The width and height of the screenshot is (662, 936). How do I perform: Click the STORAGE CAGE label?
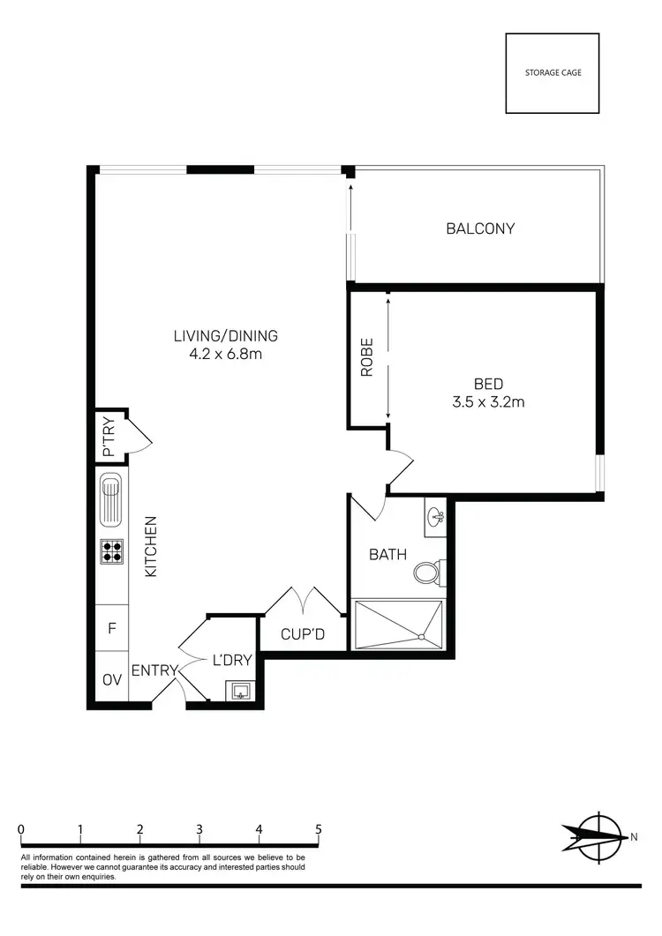(x=552, y=73)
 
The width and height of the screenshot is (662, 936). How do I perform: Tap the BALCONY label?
(x=480, y=228)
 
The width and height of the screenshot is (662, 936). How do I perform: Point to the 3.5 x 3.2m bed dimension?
(x=488, y=403)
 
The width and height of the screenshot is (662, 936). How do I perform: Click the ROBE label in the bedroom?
(x=366, y=358)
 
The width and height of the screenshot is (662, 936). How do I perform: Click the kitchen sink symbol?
(x=111, y=498)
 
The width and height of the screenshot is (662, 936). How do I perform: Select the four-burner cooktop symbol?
(x=111, y=551)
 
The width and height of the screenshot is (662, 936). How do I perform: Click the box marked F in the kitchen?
(x=111, y=629)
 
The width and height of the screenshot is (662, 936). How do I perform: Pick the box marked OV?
(x=111, y=680)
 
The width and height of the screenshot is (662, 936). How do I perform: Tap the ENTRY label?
(x=155, y=670)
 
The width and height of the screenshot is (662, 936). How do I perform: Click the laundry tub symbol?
(x=239, y=691)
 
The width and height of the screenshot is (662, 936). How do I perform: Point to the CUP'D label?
(x=303, y=633)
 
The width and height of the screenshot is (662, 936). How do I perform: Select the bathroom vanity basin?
(x=435, y=518)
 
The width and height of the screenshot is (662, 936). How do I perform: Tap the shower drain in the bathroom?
(x=422, y=636)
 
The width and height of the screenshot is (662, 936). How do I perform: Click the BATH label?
(x=387, y=555)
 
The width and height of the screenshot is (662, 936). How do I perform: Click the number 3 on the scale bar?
(x=199, y=829)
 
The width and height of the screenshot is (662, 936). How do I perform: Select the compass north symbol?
(x=598, y=835)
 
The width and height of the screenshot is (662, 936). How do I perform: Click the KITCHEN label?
(x=150, y=547)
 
